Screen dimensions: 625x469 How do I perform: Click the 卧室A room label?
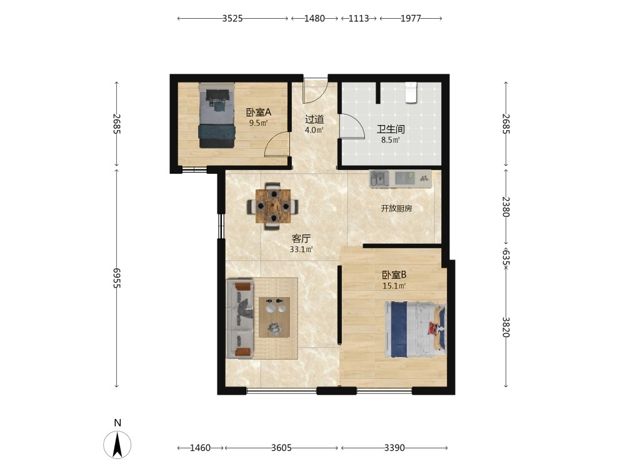click(258, 113)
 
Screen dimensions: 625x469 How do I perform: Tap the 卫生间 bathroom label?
click(391, 129)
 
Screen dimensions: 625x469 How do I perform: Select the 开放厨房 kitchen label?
click(396, 208)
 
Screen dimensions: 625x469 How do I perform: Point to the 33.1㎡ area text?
click(301, 250)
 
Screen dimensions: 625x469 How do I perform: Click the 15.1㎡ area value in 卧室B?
click(394, 286)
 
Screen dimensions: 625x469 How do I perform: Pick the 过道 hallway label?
click(314, 119)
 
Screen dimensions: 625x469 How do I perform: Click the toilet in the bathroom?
click(411, 93)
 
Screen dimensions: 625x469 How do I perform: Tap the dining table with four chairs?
click(273, 206)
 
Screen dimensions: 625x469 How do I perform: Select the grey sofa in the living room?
click(239, 318)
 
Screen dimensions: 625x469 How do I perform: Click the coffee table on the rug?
click(274, 317)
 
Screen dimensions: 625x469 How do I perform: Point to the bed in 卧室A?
click(216, 115)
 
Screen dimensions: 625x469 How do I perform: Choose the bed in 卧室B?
click(416, 330)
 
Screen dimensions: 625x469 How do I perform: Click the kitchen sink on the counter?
click(380, 178)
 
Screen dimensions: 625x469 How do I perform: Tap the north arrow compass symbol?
click(117, 444)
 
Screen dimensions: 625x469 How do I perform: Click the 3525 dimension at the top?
click(232, 18)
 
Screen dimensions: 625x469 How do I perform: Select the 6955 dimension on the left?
click(116, 278)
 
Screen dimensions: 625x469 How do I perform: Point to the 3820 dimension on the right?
click(506, 327)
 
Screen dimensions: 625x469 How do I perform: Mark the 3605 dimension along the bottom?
click(281, 448)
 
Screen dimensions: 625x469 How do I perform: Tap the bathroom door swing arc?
click(355, 123)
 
